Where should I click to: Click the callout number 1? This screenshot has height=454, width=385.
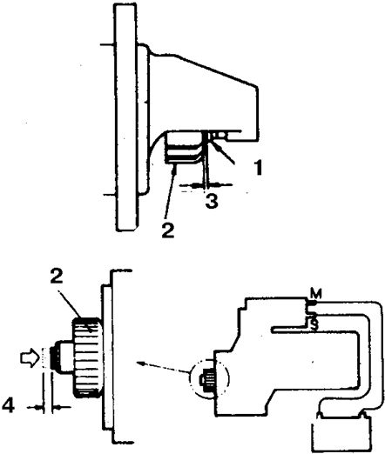click(x=257, y=167)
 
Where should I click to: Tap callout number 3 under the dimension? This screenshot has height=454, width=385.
click(x=212, y=201)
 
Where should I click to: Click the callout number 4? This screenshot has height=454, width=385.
click(x=8, y=405)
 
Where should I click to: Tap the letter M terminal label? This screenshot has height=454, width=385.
click(x=316, y=294)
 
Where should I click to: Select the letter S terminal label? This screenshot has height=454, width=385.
click(x=314, y=324)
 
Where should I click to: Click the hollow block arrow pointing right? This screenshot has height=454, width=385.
click(x=29, y=357)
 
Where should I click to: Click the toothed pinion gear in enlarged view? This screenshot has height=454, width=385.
click(x=86, y=357)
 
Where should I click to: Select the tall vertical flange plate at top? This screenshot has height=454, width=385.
click(x=125, y=118)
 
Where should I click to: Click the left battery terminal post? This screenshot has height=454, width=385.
click(x=319, y=416)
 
